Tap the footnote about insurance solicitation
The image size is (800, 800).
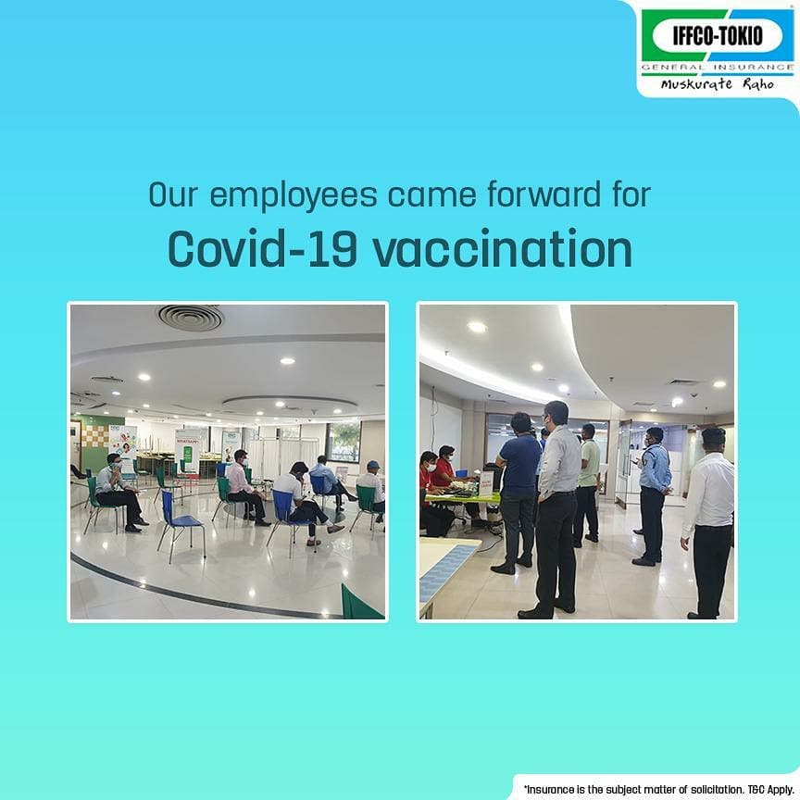pos(658,789)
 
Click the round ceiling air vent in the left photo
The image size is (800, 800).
pos(190,318)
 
